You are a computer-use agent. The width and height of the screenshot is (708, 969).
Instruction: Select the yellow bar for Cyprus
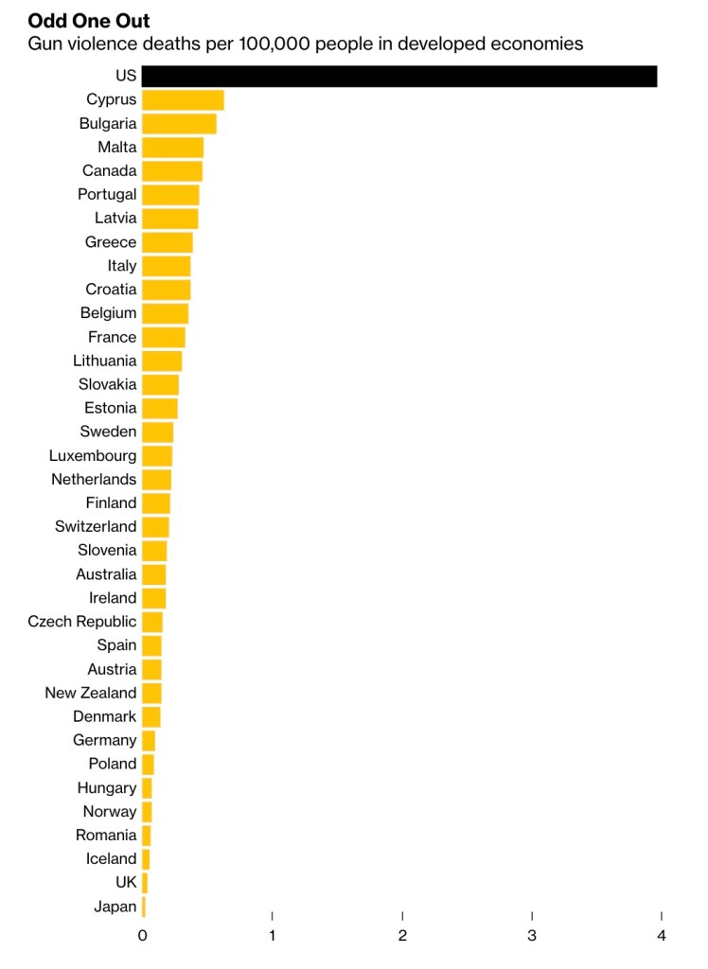pos(183,99)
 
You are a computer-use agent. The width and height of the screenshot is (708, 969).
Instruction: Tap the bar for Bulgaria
pos(179,123)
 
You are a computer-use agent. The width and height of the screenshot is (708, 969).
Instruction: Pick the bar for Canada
pos(172,170)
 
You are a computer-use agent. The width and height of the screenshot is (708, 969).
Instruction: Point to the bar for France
pos(164,337)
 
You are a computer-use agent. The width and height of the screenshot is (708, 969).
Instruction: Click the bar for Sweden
pos(158,432)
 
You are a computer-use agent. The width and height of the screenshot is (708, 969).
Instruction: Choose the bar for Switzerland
pos(155,526)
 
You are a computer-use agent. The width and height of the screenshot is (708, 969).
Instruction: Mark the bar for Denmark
pos(151,716)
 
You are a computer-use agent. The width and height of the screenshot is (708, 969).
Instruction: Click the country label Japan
pos(115,907)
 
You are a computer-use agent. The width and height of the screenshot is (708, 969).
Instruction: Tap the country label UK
pos(126,883)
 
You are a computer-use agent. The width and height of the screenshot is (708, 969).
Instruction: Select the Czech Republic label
pos(82,622)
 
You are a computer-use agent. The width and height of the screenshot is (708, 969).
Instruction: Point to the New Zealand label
pos(91,693)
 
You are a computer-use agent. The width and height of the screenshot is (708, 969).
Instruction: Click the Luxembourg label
pos(93,455)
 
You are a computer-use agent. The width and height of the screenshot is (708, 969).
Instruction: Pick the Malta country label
pos(117,147)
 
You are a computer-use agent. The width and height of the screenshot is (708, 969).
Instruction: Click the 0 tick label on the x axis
pos(143,936)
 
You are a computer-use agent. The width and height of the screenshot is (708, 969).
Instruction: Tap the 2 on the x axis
pos(402,936)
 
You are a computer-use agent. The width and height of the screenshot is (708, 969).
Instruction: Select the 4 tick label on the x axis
pos(662,936)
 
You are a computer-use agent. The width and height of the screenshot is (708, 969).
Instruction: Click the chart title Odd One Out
pos(89,21)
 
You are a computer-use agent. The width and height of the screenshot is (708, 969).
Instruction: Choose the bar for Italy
pos(167,266)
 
